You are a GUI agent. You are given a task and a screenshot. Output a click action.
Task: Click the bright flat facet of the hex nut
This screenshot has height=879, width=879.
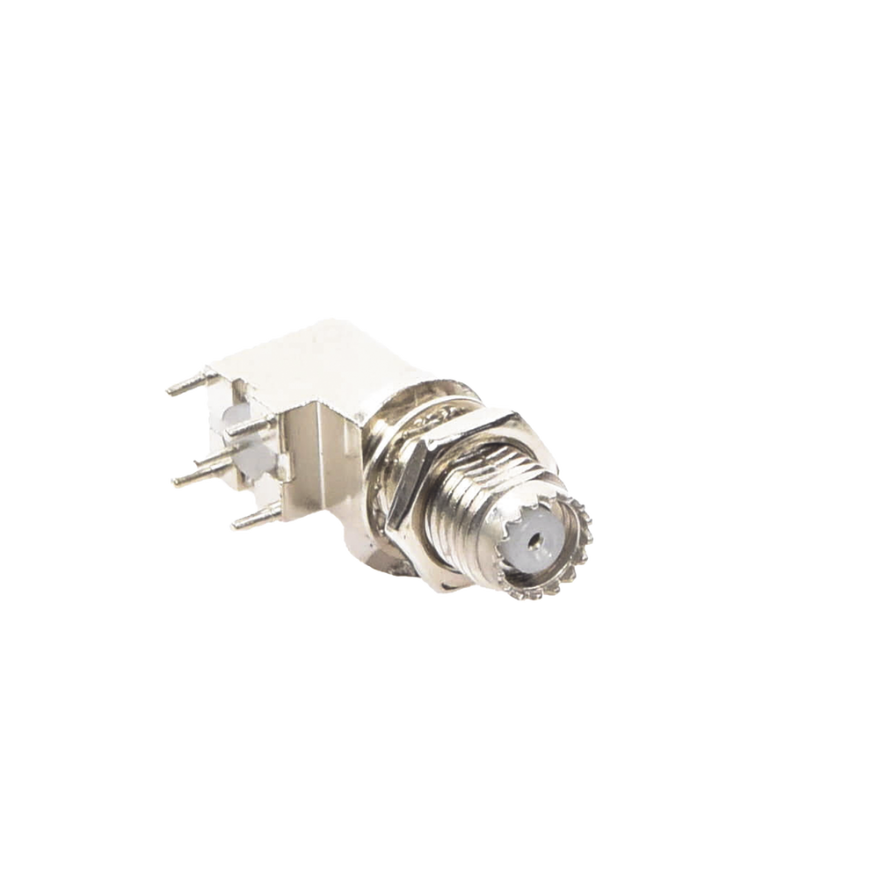(413, 492)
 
